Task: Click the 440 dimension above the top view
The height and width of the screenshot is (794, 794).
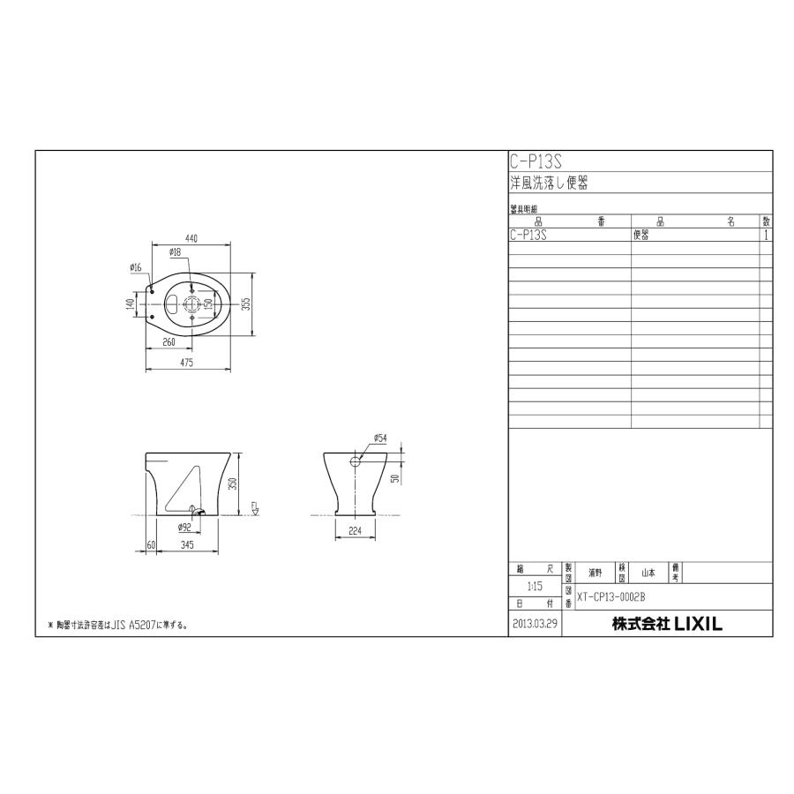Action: tap(191, 237)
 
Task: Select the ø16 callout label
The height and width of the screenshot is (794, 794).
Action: tap(136, 266)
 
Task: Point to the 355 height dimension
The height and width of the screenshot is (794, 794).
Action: tap(248, 303)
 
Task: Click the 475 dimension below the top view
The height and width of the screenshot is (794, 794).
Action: tap(187, 363)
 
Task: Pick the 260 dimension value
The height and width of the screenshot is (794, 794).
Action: tap(169, 341)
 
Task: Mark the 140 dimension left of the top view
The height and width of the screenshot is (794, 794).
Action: tap(130, 303)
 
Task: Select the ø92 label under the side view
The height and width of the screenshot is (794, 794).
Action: tap(184, 528)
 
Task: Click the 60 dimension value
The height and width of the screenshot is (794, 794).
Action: tap(151, 545)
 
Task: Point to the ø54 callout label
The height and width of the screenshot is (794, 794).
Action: tap(380, 438)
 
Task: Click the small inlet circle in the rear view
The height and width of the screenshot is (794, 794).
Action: tap(356, 461)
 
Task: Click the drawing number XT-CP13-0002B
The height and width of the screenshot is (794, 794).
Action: tap(610, 596)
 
